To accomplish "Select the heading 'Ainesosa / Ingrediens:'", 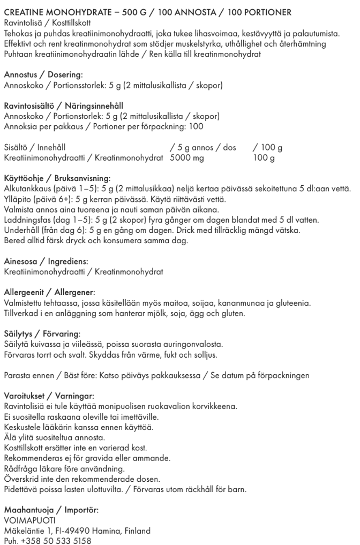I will pyautogui.click(x=46, y=262).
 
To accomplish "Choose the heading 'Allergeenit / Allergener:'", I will pyautogui.click(x=49, y=292).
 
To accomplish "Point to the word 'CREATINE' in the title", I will pyautogui.click(x=24, y=12).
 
